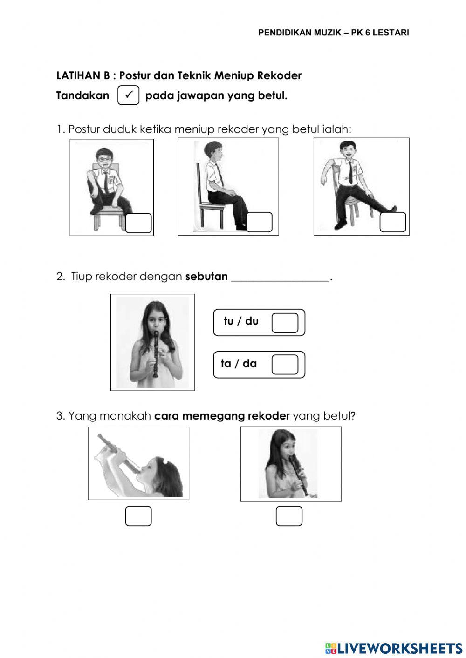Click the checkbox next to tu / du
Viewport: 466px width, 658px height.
(x=285, y=323)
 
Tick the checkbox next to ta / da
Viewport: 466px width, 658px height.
(x=285, y=365)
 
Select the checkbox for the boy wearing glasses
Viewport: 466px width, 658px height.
(x=138, y=223)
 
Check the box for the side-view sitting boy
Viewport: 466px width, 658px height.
(x=259, y=222)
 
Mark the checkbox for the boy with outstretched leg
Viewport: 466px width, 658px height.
(x=393, y=222)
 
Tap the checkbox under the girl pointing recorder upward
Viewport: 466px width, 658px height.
(x=138, y=516)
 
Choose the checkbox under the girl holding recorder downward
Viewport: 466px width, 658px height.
(x=289, y=516)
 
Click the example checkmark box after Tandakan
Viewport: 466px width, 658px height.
(x=129, y=95)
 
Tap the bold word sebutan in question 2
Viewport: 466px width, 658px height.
(x=206, y=277)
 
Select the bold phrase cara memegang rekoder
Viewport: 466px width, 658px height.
(x=222, y=416)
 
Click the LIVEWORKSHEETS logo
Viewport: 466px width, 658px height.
(x=394, y=648)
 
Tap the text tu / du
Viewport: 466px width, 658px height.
(x=241, y=321)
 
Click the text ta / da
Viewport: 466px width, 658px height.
(x=239, y=364)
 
